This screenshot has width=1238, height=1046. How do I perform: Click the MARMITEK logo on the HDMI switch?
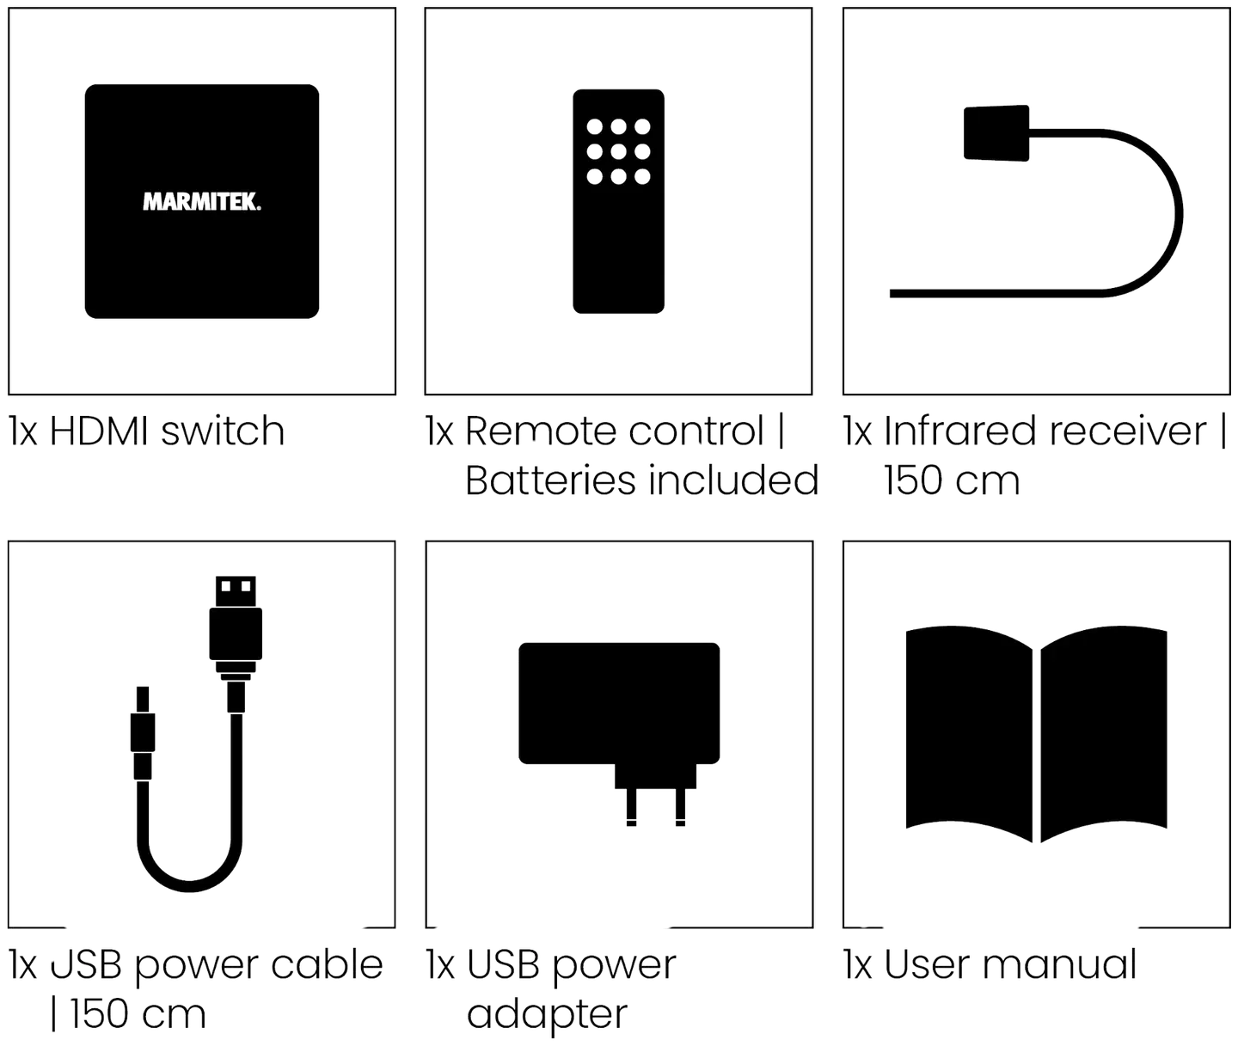click(202, 202)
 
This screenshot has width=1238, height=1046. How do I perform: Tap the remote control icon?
click(618, 201)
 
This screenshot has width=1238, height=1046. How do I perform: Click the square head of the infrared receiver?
click(996, 133)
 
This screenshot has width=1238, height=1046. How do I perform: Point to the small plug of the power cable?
click(143, 733)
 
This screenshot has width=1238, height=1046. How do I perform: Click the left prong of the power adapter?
click(631, 807)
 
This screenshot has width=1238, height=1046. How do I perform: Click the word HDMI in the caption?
click(99, 431)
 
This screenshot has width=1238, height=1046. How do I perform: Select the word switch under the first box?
click(223, 431)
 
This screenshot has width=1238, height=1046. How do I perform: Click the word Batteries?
click(550, 480)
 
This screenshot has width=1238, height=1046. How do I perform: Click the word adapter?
click(547, 1015)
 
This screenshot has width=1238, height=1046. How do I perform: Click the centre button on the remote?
click(618, 152)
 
